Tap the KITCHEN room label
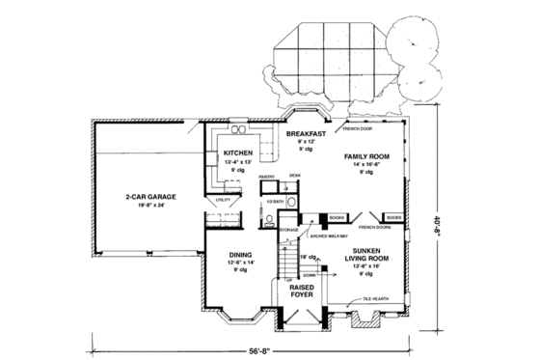tap(238, 153)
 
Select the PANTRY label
tap(267, 177)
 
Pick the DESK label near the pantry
tap(297, 175)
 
